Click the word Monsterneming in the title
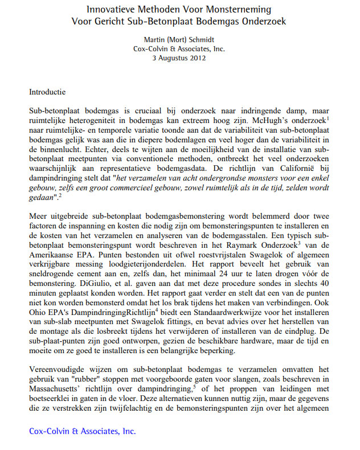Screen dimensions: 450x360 pyautogui.click(x=234, y=10)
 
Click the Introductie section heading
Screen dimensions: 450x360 pyautogui.click(x=47, y=91)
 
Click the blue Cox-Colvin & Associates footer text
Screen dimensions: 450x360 pyautogui.click(x=82, y=431)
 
